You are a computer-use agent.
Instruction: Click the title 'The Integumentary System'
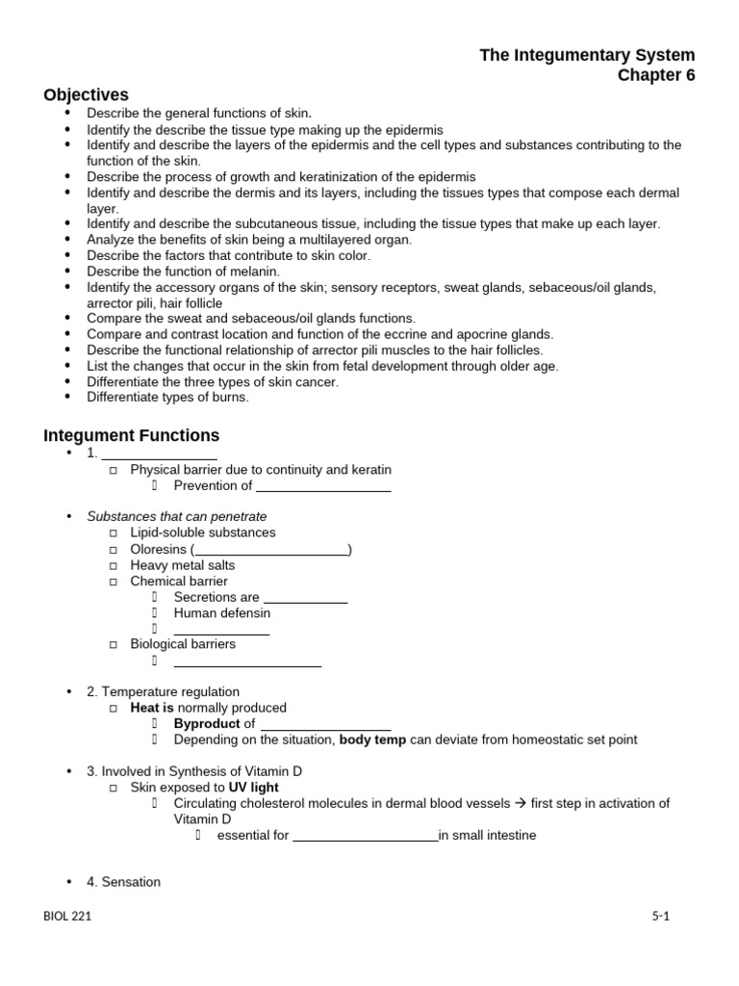click(x=587, y=55)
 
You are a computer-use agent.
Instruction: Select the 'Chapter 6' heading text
click(x=655, y=76)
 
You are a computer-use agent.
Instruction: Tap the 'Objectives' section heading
click(x=86, y=94)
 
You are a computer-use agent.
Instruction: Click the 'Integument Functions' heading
click(x=132, y=435)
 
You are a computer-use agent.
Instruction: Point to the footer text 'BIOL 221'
click(x=67, y=917)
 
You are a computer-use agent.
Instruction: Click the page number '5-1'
click(x=659, y=917)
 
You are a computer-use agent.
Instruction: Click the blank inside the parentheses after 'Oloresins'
click(x=271, y=551)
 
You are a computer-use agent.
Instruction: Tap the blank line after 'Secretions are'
click(x=305, y=598)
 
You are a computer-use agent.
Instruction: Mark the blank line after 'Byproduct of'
click(x=325, y=724)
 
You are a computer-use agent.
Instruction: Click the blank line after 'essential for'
click(x=365, y=836)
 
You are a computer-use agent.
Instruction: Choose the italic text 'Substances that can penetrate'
click(x=177, y=517)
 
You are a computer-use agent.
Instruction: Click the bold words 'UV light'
click(x=253, y=787)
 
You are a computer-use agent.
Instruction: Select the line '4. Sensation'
click(x=124, y=882)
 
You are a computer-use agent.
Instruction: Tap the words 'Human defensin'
click(x=222, y=613)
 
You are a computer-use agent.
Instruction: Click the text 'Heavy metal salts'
click(x=183, y=566)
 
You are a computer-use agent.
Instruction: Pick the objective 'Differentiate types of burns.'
click(x=167, y=398)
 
